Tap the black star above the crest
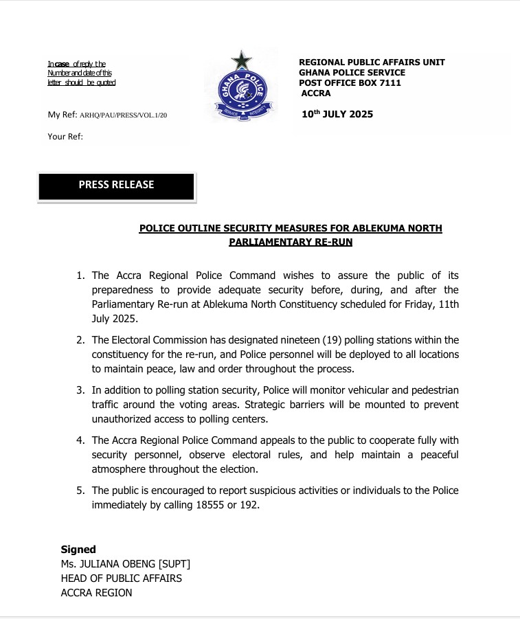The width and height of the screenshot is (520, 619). tap(241, 61)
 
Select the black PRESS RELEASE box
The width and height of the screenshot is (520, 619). tap(116, 185)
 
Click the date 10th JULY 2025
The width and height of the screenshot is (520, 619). tap(337, 114)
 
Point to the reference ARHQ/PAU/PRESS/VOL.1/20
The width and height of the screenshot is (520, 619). tap(123, 115)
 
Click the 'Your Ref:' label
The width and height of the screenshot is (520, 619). tap(65, 137)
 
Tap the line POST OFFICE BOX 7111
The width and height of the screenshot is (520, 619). tap(350, 83)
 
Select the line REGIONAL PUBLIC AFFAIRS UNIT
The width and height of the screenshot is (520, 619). tap(372, 63)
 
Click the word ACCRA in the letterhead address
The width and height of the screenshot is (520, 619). tap(316, 93)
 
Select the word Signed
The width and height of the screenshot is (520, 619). tap(78, 550)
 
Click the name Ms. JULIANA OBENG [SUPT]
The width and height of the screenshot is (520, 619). tap(125, 564)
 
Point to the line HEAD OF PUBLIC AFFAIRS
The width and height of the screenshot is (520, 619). tap(121, 578)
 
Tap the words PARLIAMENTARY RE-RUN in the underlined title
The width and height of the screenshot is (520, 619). tap(291, 242)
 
